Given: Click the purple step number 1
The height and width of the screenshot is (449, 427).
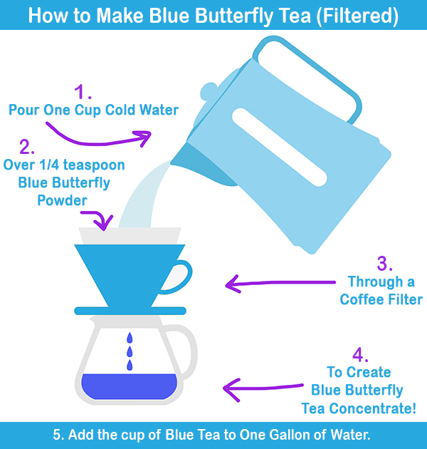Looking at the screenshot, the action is (x=83, y=92).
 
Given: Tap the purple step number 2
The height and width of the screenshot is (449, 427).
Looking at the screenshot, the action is (x=27, y=147).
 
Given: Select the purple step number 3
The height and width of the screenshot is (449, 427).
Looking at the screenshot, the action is (x=384, y=264).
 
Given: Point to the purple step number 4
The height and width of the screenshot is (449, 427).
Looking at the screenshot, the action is (x=360, y=354).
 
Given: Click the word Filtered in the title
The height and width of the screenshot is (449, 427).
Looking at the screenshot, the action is (x=357, y=16).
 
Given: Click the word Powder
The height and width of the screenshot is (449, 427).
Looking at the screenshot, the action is (x=63, y=200).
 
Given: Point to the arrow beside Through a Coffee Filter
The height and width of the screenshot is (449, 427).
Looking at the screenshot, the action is (x=280, y=283).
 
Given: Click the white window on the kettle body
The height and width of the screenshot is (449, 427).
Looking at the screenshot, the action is (x=279, y=148).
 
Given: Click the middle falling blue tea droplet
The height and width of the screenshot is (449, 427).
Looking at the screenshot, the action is (x=130, y=351).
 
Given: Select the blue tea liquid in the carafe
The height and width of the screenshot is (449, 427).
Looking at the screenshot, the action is (x=130, y=386).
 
